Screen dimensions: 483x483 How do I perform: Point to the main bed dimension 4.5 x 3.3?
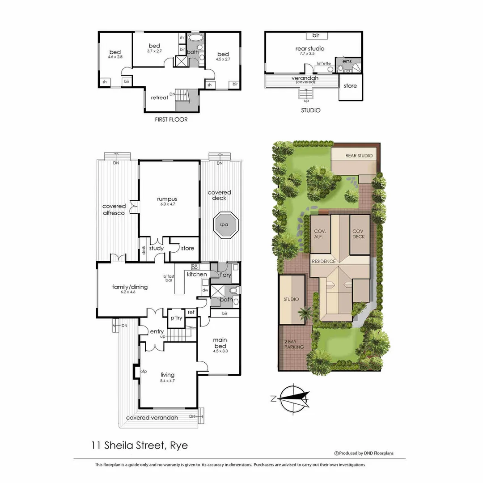pos(220,352)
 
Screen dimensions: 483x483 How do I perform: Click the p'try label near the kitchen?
pos(176,318)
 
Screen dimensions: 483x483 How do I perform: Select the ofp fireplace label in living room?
pos(144,371)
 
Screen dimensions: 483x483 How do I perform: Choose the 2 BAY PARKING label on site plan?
pos(294,344)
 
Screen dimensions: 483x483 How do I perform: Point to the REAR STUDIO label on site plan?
pos(359,156)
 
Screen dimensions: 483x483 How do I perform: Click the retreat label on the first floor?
pos(159,97)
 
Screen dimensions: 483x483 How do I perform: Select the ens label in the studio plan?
pos(347,61)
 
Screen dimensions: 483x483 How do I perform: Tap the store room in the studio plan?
pos(350,85)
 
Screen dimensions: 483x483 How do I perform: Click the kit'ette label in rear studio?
pos(324,64)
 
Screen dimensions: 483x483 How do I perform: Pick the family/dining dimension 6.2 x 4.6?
pos(130,292)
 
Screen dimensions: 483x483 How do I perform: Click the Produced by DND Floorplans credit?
pos(364,453)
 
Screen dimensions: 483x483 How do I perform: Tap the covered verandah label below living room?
pos(152,418)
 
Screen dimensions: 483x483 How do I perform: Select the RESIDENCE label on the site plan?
pos(323,261)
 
